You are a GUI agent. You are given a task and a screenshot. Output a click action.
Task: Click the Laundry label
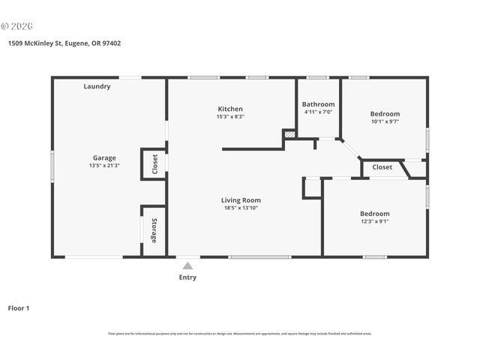coord(97,86)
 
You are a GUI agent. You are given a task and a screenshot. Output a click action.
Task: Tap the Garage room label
coord(104,157)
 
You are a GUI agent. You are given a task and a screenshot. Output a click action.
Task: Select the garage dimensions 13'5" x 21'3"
coord(104,166)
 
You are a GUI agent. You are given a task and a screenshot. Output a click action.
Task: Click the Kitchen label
coord(230,109)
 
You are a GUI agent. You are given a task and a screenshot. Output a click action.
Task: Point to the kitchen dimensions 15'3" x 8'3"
coord(230,117)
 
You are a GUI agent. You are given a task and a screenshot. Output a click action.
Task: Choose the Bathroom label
coord(318,104)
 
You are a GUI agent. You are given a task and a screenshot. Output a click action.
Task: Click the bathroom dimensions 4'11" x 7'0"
coord(318,112)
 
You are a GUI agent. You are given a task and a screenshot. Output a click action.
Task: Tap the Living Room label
coord(241,200)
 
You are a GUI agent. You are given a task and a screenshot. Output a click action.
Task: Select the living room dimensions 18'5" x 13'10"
coord(241,208)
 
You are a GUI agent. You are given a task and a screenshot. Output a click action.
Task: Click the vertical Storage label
coord(154,230)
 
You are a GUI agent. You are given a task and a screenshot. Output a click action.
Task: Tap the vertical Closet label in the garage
coord(154,163)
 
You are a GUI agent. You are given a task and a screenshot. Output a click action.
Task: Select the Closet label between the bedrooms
coord(382,167)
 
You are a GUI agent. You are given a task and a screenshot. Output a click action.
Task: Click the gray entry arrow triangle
coord(187,265)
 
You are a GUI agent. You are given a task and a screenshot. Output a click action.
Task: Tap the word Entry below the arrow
coord(187,277)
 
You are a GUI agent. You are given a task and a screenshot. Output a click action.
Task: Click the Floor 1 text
coord(19,308)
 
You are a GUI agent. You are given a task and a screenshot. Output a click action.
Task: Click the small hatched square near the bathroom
coord(289,135)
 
